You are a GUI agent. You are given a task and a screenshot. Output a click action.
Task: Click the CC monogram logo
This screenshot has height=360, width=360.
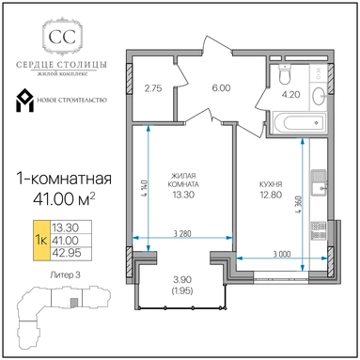pyautogui.click(x=62, y=37)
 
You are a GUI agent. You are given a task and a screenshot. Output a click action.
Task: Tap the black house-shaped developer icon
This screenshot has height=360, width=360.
pyautogui.click(x=24, y=101)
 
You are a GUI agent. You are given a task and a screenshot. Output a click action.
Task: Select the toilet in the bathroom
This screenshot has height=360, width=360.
pyautogui.click(x=284, y=74)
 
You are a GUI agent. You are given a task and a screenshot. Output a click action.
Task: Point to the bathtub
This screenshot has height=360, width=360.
pyautogui.click(x=299, y=122)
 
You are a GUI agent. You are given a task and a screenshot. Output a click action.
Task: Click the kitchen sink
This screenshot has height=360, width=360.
pyautogui.click(x=319, y=183)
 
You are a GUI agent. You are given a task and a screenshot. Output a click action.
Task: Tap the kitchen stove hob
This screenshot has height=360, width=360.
pyautogui.click(x=319, y=230)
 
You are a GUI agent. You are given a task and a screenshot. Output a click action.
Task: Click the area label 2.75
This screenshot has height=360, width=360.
pyautogui.click(x=153, y=88)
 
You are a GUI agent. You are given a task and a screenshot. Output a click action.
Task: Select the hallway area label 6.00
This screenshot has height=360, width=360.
pyautogui.click(x=221, y=88)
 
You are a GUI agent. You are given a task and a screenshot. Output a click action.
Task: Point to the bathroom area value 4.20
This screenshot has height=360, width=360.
pyautogui.click(x=291, y=94)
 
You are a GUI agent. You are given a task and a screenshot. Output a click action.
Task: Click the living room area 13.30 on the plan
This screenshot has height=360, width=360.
pyautogui.click(x=183, y=195)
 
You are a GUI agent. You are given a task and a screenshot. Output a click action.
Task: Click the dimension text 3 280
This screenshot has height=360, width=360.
pyautogui.click(x=182, y=233)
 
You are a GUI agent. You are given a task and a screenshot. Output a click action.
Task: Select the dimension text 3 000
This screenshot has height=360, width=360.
pyautogui.click(x=282, y=254)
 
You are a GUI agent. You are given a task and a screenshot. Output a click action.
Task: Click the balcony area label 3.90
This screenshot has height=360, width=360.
pyautogui.click(x=182, y=279)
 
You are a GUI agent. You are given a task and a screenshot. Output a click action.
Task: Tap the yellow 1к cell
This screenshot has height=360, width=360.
pyautogui.click(x=41, y=241)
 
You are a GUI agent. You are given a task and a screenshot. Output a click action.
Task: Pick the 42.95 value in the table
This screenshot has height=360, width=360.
pyautogui.click(x=67, y=253)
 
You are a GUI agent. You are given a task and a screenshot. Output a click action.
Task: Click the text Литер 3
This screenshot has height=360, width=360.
pyautogui.click(x=65, y=275)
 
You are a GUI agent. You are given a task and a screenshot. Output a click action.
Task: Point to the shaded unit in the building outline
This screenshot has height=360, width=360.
pyautogui.click(x=73, y=303)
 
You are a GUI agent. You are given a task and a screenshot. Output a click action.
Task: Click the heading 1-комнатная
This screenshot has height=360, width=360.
pyautogui.click(x=64, y=180)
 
